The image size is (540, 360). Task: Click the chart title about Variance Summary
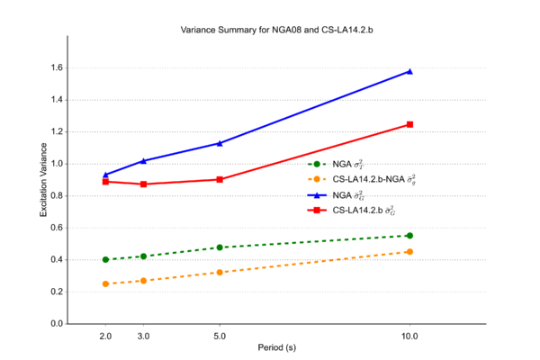[x=270, y=30]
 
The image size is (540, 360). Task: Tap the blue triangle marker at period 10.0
[x=410, y=71]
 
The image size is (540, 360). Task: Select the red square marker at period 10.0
[x=410, y=124]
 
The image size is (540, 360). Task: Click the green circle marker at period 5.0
[x=220, y=247]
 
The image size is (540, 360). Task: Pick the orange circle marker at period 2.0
[x=105, y=284]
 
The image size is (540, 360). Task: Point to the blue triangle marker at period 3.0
[x=143, y=161]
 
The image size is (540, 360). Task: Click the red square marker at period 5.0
[x=220, y=179]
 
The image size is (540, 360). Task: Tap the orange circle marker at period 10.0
[x=410, y=252]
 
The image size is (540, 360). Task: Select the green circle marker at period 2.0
[x=105, y=260]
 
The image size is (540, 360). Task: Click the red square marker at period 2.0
[x=105, y=182]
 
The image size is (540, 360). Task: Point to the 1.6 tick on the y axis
[x=56, y=68]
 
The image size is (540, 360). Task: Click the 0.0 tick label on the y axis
[x=56, y=324]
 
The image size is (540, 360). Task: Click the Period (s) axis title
[x=270, y=347]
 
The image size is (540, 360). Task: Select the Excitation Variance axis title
[x=42, y=181]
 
